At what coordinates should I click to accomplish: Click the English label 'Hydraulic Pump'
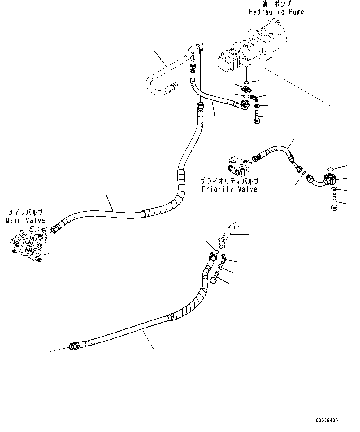276,12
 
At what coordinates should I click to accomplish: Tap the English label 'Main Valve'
25,220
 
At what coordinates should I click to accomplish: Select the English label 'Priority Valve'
229,189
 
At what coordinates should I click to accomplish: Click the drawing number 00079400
327,421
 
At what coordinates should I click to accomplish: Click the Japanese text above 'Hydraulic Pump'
276,4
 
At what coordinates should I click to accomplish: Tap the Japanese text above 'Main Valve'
25,213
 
